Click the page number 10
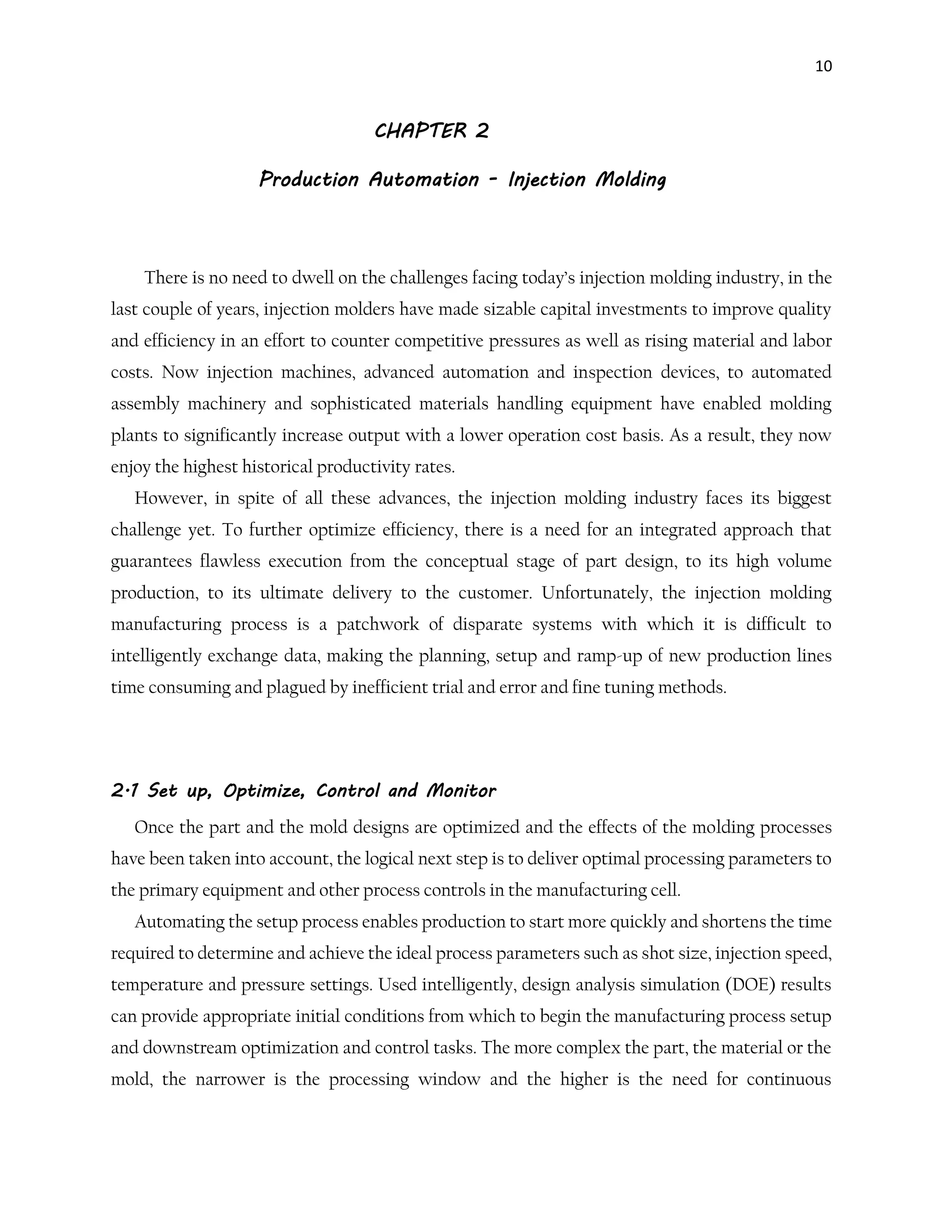point(823,66)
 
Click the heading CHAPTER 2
point(431,131)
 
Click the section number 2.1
point(125,791)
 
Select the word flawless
point(230,561)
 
